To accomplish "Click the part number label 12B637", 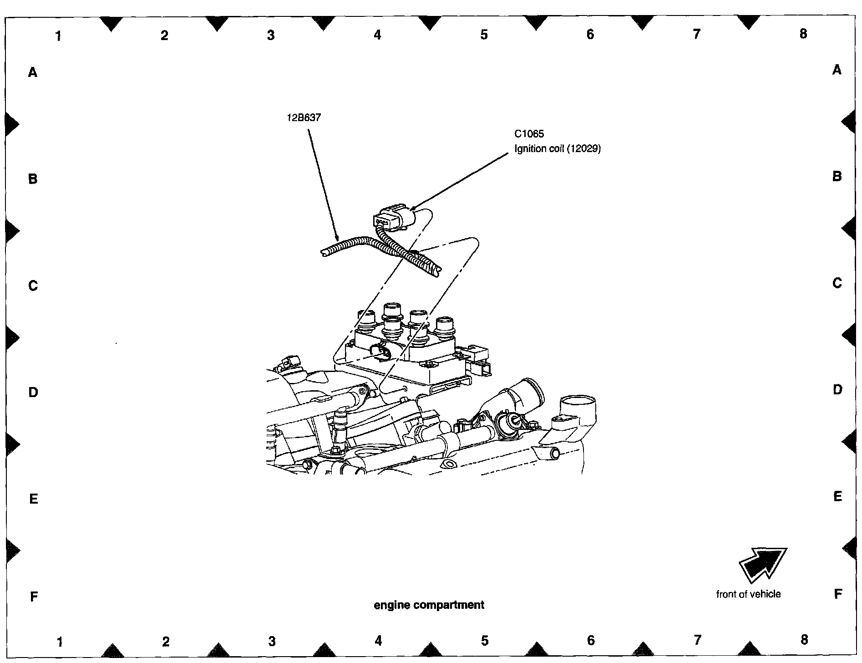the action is (304, 117).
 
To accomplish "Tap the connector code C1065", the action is (529, 134).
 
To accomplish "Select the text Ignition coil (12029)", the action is (558, 149).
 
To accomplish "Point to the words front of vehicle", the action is (748, 594).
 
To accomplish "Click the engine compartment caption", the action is (429, 605).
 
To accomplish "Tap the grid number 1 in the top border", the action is (58, 36).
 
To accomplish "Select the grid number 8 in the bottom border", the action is (804, 640).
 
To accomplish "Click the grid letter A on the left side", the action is (33, 72).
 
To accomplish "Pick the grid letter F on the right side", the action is (837, 594).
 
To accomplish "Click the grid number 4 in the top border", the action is (377, 35).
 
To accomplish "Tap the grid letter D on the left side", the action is (33, 392).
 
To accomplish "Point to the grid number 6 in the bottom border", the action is (591, 641).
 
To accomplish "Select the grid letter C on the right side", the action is (837, 283).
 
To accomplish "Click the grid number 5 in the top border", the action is (484, 35).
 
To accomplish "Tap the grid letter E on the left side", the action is (33, 499).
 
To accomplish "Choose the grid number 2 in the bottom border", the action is (166, 642).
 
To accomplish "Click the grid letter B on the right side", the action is (837, 177).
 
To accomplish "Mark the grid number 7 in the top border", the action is (697, 34).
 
